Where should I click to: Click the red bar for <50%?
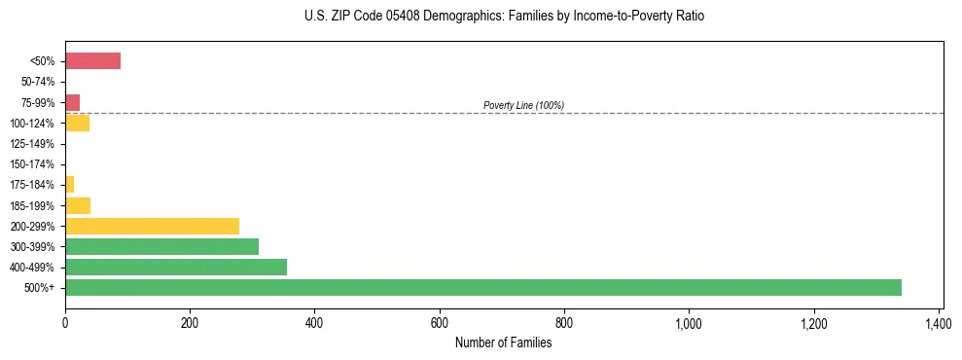pyautogui.click(x=92, y=61)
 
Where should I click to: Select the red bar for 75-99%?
pyautogui.click(x=72, y=102)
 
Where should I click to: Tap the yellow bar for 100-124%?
pyautogui.click(x=77, y=123)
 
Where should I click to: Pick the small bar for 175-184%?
pyautogui.click(x=69, y=184)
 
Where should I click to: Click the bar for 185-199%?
pyautogui.click(x=78, y=205)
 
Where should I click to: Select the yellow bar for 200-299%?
pyautogui.click(x=152, y=226)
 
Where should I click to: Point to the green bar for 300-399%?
pyautogui.click(x=161, y=246)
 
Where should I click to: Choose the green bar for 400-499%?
pyautogui.click(x=176, y=267)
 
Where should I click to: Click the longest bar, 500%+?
pyautogui.click(x=482, y=287)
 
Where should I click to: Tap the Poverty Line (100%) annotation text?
pyautogui.click(x=523, y=105)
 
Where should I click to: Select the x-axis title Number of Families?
pyautogui.click(x=503, y=342)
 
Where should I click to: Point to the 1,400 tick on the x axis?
pyautogui.click(x=938, y=322)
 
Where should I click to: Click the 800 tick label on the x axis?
pyautogui.click(x=564, y=322)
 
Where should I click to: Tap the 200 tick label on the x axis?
pyautogui.click(x=190, y=322)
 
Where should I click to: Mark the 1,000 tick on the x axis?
pyautogui.click(x=689, y=322)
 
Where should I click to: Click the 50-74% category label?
pyautogui.click(x=39, y=82)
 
